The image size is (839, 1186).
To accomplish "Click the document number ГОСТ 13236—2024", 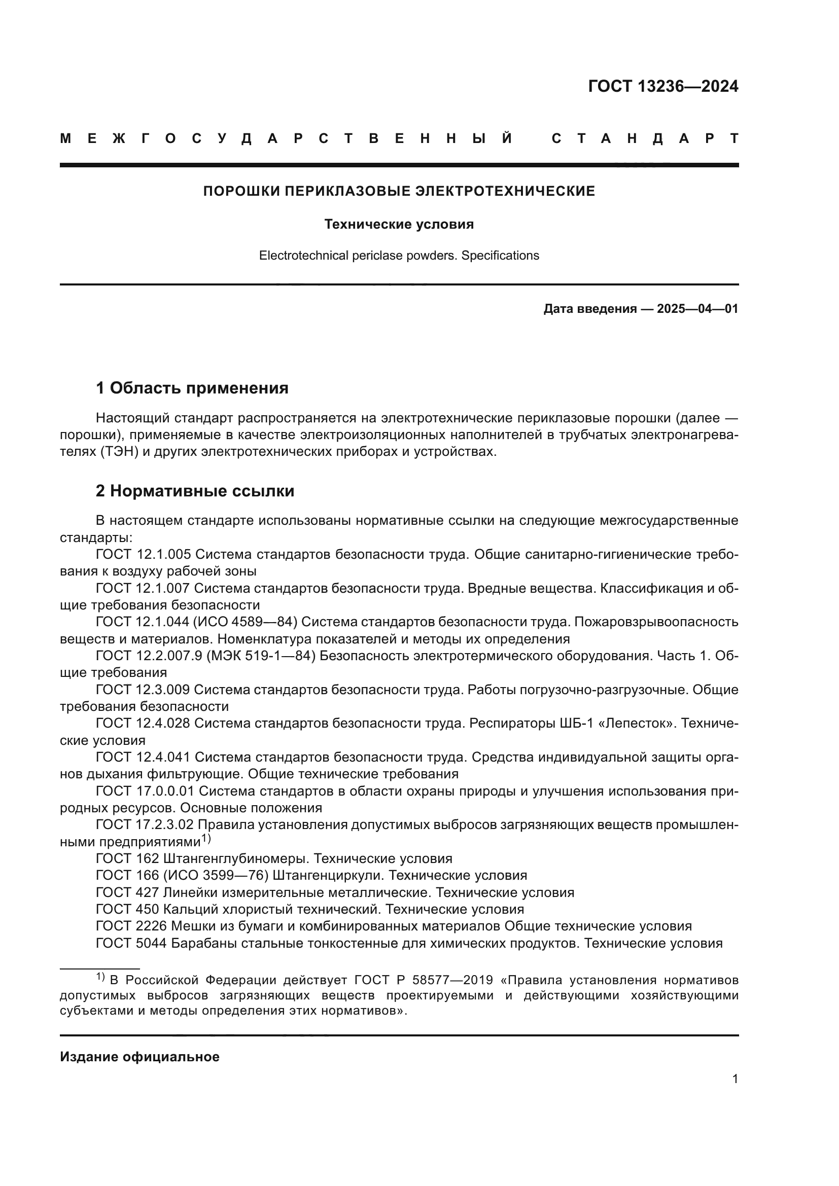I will pos(663,86).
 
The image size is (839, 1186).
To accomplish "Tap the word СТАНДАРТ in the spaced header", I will pos(645,138).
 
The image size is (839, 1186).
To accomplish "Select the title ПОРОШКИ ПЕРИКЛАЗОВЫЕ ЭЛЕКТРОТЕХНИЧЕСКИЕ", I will pos(399,191).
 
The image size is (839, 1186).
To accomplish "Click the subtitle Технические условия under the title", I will pos(399,224).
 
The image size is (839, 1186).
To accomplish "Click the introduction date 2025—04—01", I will pos(697,309).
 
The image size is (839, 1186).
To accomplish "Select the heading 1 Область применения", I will pos(192,387).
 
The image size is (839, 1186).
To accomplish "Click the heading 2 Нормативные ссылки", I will pos(195,490).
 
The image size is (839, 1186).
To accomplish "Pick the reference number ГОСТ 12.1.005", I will pos(143,554).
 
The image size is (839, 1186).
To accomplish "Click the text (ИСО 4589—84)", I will pos(250,622).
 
